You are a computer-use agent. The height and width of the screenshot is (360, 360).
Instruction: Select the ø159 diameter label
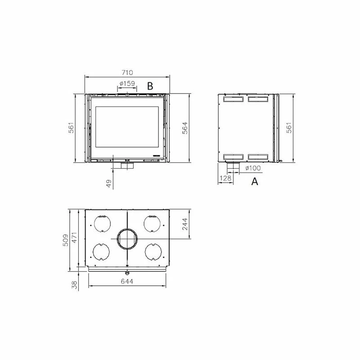point(128,83)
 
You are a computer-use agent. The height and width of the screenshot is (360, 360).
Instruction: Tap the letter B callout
point(151,85)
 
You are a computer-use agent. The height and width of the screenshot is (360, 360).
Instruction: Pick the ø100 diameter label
point(254,168)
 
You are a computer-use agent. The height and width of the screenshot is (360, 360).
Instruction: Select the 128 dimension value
point(225,179)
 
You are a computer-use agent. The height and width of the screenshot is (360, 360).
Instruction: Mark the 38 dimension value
point(74,284)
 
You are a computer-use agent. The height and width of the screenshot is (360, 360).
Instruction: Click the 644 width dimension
point(127,282)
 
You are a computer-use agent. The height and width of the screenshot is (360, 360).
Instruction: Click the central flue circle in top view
point(127,239)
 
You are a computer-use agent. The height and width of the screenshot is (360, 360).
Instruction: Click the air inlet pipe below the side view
point(233,168)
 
